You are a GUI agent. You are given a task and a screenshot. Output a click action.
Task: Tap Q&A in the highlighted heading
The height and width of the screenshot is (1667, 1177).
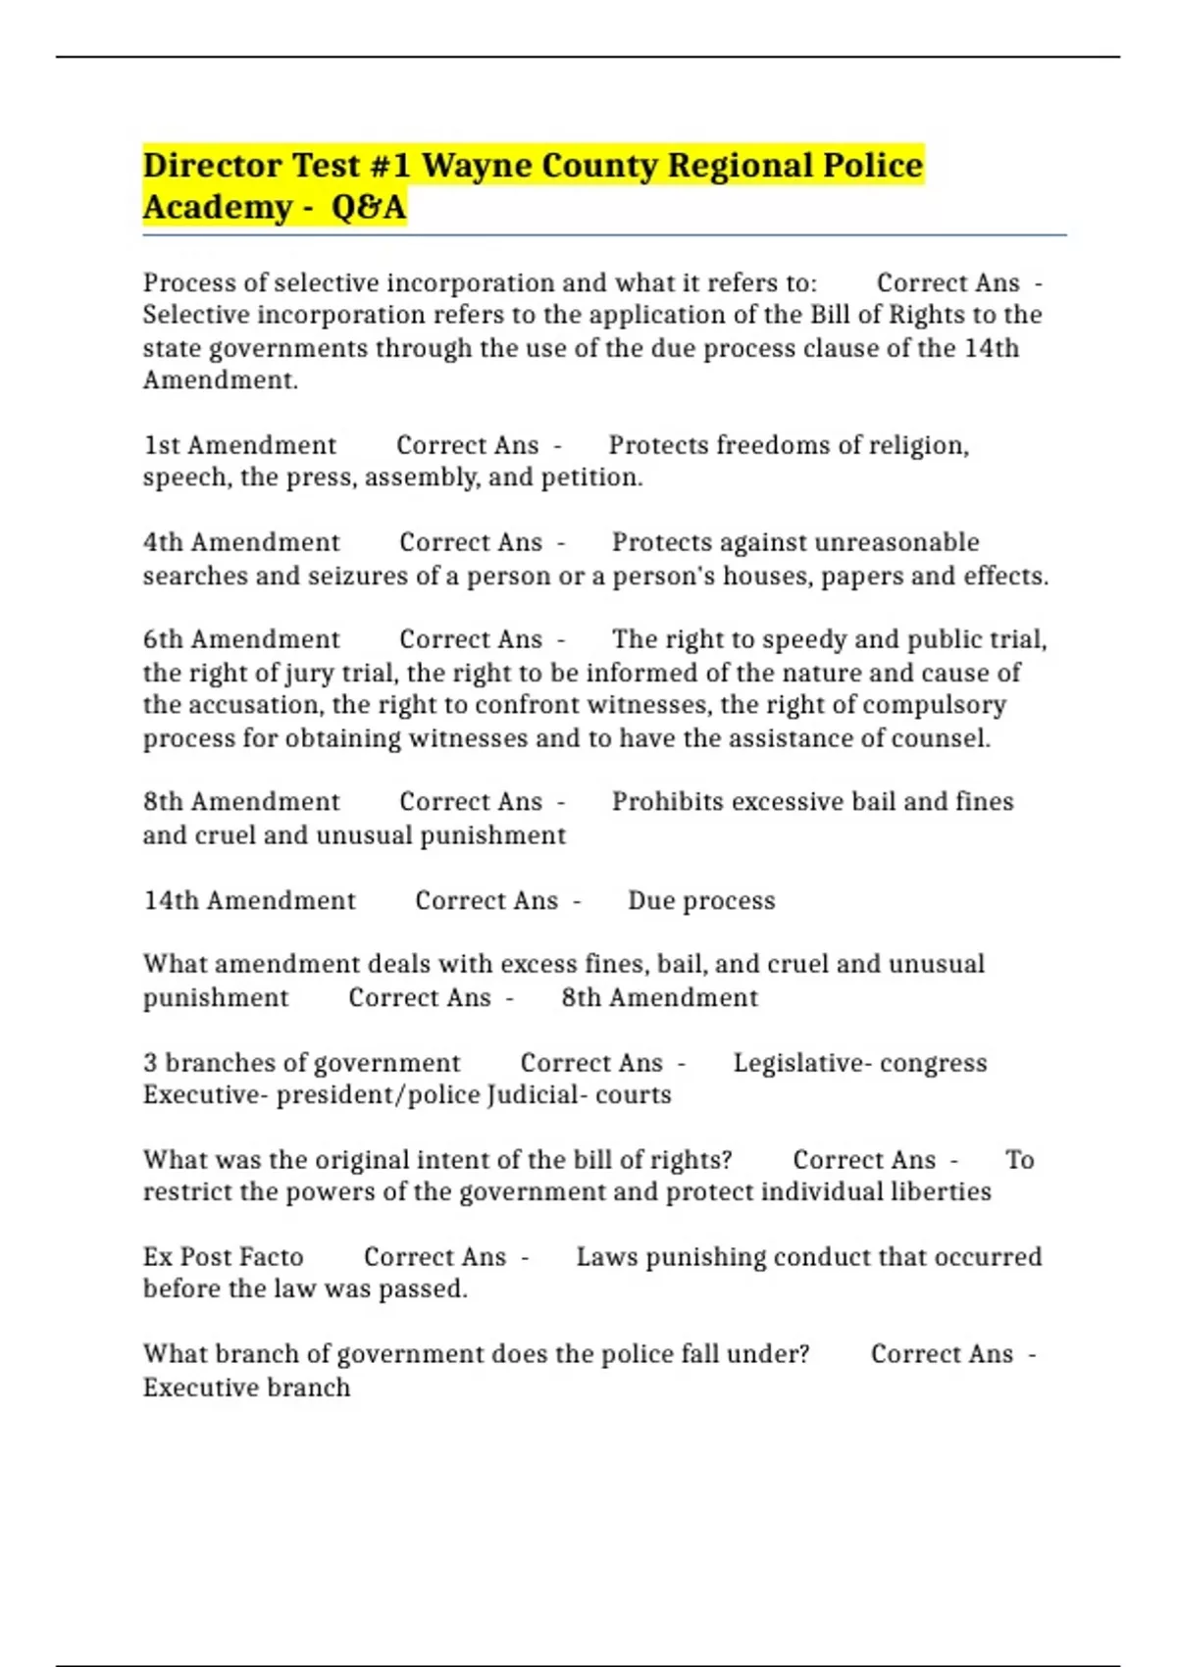369,208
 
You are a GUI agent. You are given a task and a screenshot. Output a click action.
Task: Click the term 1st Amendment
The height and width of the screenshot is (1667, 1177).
240,445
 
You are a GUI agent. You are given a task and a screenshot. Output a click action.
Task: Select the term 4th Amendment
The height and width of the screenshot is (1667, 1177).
241,542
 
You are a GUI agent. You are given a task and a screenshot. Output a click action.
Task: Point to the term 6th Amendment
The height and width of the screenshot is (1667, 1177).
241,639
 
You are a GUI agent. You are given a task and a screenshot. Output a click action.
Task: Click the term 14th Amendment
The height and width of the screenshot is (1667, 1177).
249,900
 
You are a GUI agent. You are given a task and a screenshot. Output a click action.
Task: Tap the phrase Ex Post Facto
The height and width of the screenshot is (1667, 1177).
223,1257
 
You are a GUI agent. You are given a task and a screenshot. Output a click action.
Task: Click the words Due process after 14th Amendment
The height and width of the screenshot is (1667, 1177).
701,900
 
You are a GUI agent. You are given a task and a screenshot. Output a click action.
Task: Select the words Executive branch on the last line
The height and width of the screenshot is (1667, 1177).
246,1388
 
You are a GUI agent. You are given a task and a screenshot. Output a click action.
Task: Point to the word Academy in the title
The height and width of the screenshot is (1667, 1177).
218,208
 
